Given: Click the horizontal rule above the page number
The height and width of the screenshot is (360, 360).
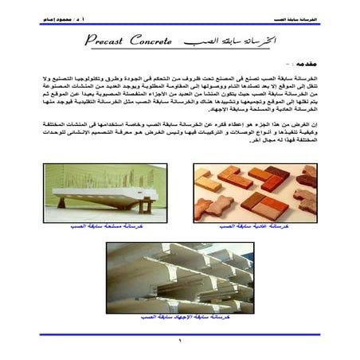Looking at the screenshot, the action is (x=180, y=335).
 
